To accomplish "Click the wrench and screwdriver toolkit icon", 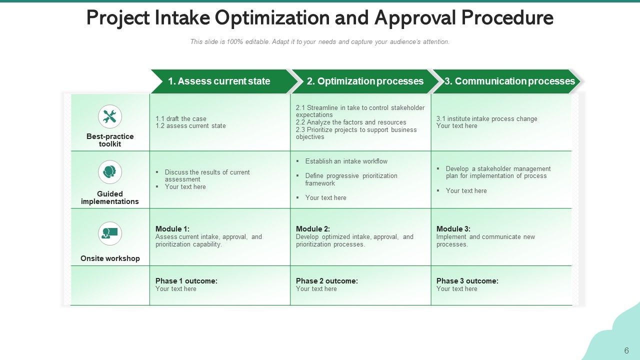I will point(110,117).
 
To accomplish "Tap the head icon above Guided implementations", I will point(110,172).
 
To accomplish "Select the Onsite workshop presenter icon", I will point(110,233).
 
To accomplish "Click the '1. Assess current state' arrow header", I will point(219,81).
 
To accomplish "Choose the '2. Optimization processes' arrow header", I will point(365,81).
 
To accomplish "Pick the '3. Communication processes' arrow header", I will point(509,81).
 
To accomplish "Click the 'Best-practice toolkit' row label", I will point(110,140).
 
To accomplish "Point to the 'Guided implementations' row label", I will point(110,197).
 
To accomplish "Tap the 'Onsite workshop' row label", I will point(110,258).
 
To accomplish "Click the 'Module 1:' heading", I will point(172,229).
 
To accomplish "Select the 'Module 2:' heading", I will point(313,229).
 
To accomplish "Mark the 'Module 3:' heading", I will point(453,229).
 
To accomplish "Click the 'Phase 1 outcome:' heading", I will point(186,281).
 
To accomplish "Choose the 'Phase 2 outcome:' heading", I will point(327,281).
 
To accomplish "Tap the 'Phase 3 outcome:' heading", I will point(467,281).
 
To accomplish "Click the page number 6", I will point(626,350).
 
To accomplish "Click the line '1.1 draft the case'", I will point(181,119).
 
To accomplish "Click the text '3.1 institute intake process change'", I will point(487,119).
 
